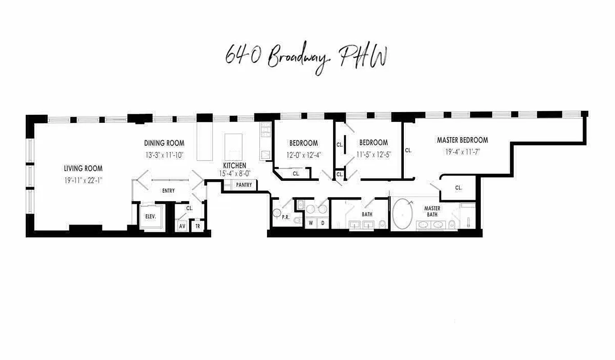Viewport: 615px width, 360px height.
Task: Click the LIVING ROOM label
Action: pos(83,169)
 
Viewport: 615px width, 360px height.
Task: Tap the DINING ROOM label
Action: pos(164,143)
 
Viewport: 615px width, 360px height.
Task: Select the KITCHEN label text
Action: pos(235,166)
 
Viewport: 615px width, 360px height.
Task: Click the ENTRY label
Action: pos(168,191)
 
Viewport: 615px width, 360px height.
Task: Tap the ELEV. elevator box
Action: pos(150,216)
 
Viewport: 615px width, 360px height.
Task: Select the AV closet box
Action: pos(182,226)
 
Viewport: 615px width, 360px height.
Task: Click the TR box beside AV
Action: pos(197,226)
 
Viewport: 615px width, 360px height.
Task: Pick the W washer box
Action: pos(311,222)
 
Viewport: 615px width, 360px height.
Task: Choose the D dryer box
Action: pos(322,222)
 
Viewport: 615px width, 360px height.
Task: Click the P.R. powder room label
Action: pos(285,217)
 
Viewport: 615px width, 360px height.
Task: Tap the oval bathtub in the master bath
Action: pos(402,214)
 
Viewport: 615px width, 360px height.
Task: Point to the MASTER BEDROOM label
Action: pos(462,140)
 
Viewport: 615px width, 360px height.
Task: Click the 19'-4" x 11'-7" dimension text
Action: pos(462,152)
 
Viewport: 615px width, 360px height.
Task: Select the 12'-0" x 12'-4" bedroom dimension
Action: pos(303,155)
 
